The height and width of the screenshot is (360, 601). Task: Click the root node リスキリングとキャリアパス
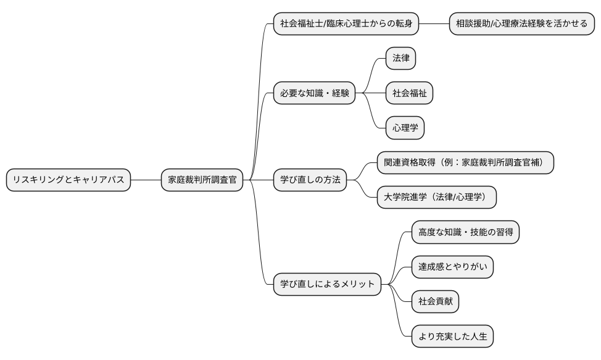click(x=68, y=180)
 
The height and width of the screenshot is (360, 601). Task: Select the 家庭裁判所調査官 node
click(x=202, y=180)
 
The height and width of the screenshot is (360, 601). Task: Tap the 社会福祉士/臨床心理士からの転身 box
click(x=347, y=24)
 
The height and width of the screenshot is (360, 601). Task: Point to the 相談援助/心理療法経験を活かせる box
click(x=521, y=24)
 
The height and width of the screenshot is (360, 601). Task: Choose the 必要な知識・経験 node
click(x=315, y=93)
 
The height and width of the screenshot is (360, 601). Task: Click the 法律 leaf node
click(x=400, y=59)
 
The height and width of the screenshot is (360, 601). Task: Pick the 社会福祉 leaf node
click(x=409, y=93)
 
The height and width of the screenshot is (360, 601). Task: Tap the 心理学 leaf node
click(x=405, y=128)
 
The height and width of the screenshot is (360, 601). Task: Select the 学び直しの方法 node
click(x=310, y=180)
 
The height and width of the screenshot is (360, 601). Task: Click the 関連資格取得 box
click(x=465, y=163)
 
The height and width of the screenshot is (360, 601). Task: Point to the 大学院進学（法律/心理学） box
click(x=436, y=198)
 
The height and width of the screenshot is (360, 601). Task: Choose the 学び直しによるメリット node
click(x=328, y=284)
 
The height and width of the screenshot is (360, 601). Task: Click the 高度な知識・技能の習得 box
click(x=465, y=232)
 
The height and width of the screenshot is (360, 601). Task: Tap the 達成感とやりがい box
click(x=452, y=267)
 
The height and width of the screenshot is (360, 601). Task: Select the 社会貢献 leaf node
click(x=435, y=301)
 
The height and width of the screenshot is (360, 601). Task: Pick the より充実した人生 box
click(x=452, y=337)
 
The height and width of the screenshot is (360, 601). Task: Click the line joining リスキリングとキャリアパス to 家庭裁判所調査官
click(x=146, y=180)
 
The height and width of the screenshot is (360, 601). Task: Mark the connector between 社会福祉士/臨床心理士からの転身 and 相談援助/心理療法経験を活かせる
click(x=434, y=24)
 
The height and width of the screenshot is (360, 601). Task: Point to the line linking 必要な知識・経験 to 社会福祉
click(x=371, y=93)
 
